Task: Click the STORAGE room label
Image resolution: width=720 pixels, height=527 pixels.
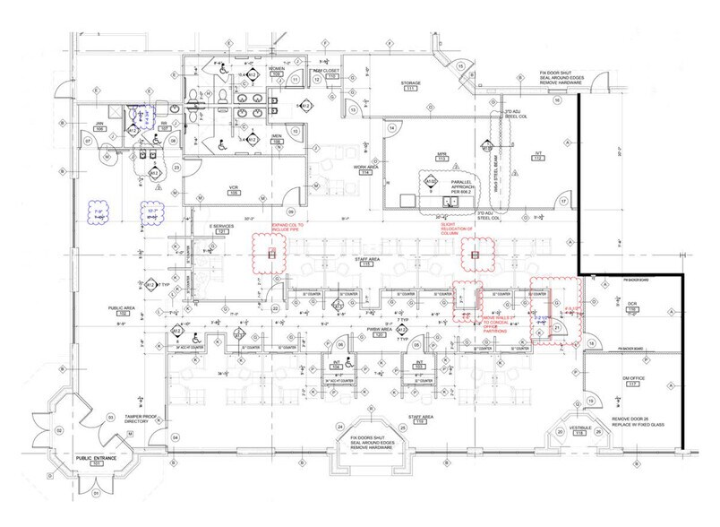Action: click(411, 82)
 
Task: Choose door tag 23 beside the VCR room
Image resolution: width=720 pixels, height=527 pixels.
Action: click(178, 168)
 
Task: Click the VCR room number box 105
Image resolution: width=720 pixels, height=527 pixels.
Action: click(233, 193)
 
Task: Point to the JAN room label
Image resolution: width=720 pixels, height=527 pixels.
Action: click(100, 125)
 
